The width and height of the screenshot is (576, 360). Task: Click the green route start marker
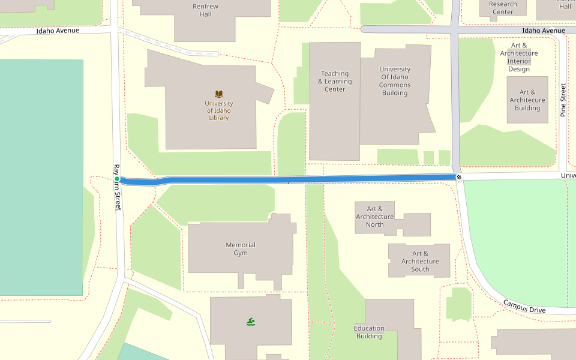(117, 179)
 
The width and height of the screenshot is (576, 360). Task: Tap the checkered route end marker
(459, 177)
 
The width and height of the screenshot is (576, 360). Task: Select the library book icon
(219, 94)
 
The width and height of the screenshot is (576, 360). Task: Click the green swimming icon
(251, 322)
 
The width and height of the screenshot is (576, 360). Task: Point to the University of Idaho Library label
(219, 110)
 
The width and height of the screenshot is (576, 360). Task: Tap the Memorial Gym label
(241, 249)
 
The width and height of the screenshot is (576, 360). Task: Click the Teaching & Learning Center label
(335, 82)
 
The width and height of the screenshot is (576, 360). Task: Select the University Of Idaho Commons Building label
(395, 81)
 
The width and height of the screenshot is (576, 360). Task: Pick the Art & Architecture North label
(375, 217)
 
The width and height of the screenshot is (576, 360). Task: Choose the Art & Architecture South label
(420, 261)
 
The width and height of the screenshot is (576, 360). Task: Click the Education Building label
(369, 332)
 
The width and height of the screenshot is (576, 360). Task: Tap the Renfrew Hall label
(206, 10)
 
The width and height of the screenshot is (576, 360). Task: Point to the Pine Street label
(563, 100)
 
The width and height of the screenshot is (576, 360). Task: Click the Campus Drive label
(524, 307)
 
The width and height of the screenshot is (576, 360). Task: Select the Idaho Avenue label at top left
(58, 31)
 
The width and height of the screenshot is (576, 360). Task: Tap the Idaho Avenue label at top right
(544, 31)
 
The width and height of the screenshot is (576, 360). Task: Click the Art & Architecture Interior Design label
(519, 57)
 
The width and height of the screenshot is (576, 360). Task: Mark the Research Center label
(503, 8)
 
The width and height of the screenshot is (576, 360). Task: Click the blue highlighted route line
(288, 179)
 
